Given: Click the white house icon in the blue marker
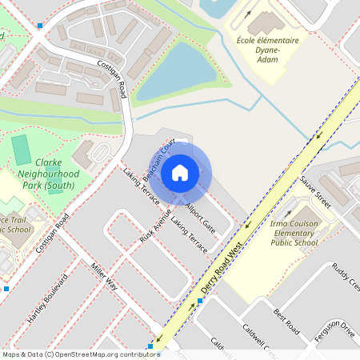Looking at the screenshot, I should pos(180,172).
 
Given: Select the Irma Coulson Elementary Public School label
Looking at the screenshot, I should pos(294,232).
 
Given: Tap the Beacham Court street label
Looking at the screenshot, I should pos(158,158).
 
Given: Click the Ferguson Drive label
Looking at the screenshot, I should pos(334,330).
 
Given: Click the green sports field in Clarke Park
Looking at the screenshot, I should pos(22,148).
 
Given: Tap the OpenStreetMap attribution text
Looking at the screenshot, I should pos(80,354).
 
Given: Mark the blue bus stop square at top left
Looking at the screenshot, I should pos(40,26).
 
